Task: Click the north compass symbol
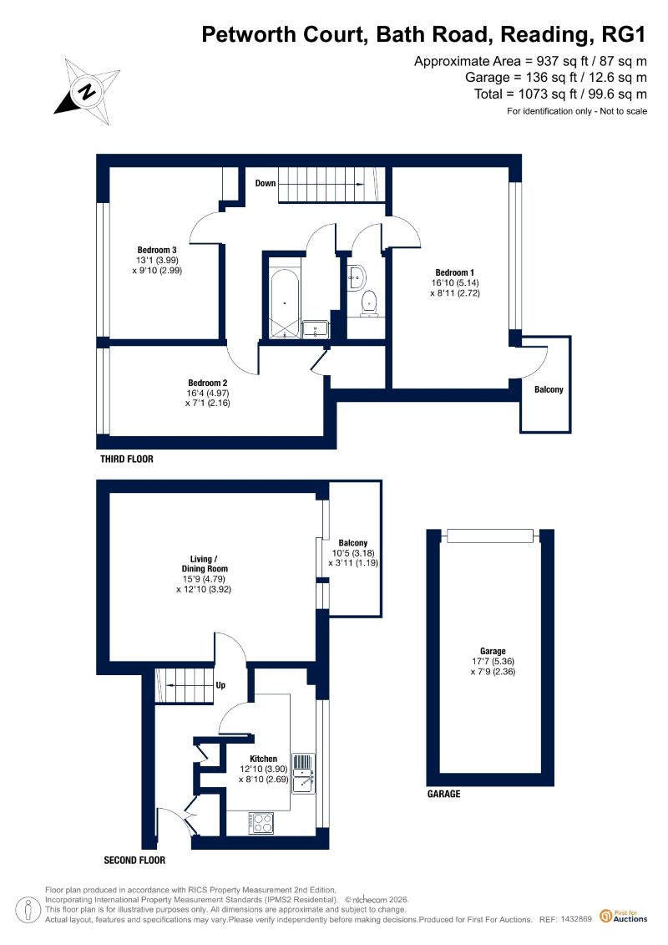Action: pyautogui.click(x=88, y=92)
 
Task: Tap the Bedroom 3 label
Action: pyautogui.click(x=157, y=250)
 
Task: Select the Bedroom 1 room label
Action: pyautogui.click(x=455, y=272)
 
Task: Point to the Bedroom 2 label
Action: pyautogui.click(x=208, y=383)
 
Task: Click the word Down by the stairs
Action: pyautogui.click(x=265, y=183)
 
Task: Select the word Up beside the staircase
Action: pyautogui.click(x=220, y=685)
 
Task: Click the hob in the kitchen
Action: pyautogui.click(x=261, y=823)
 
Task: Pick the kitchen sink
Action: pyautogui.click(x=302, y=774)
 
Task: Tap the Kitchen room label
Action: pyautogui.click(x=264, y=759)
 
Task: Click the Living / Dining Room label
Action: pyautogui.click(x=205, y=563)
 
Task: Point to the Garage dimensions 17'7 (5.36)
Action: pyautogui.click(x=493, y=661)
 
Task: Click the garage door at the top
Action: pyautogui.click(x=490, y=536)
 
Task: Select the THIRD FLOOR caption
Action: pyautogui.click(x=126, y=460)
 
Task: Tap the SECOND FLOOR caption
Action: pyautogui.click(x=134, y=861)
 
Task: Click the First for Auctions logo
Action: pyautogui.click(x=624, y=917)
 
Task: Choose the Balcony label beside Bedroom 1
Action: pyautogui.click(x=549, y=390)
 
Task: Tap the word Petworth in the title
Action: pyautogui.click(x=248, y=34)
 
